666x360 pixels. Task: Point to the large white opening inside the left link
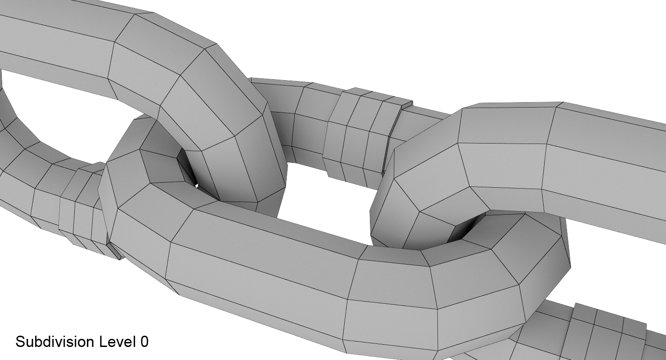(67, 117)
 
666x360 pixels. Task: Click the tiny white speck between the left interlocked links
(197, 184)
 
